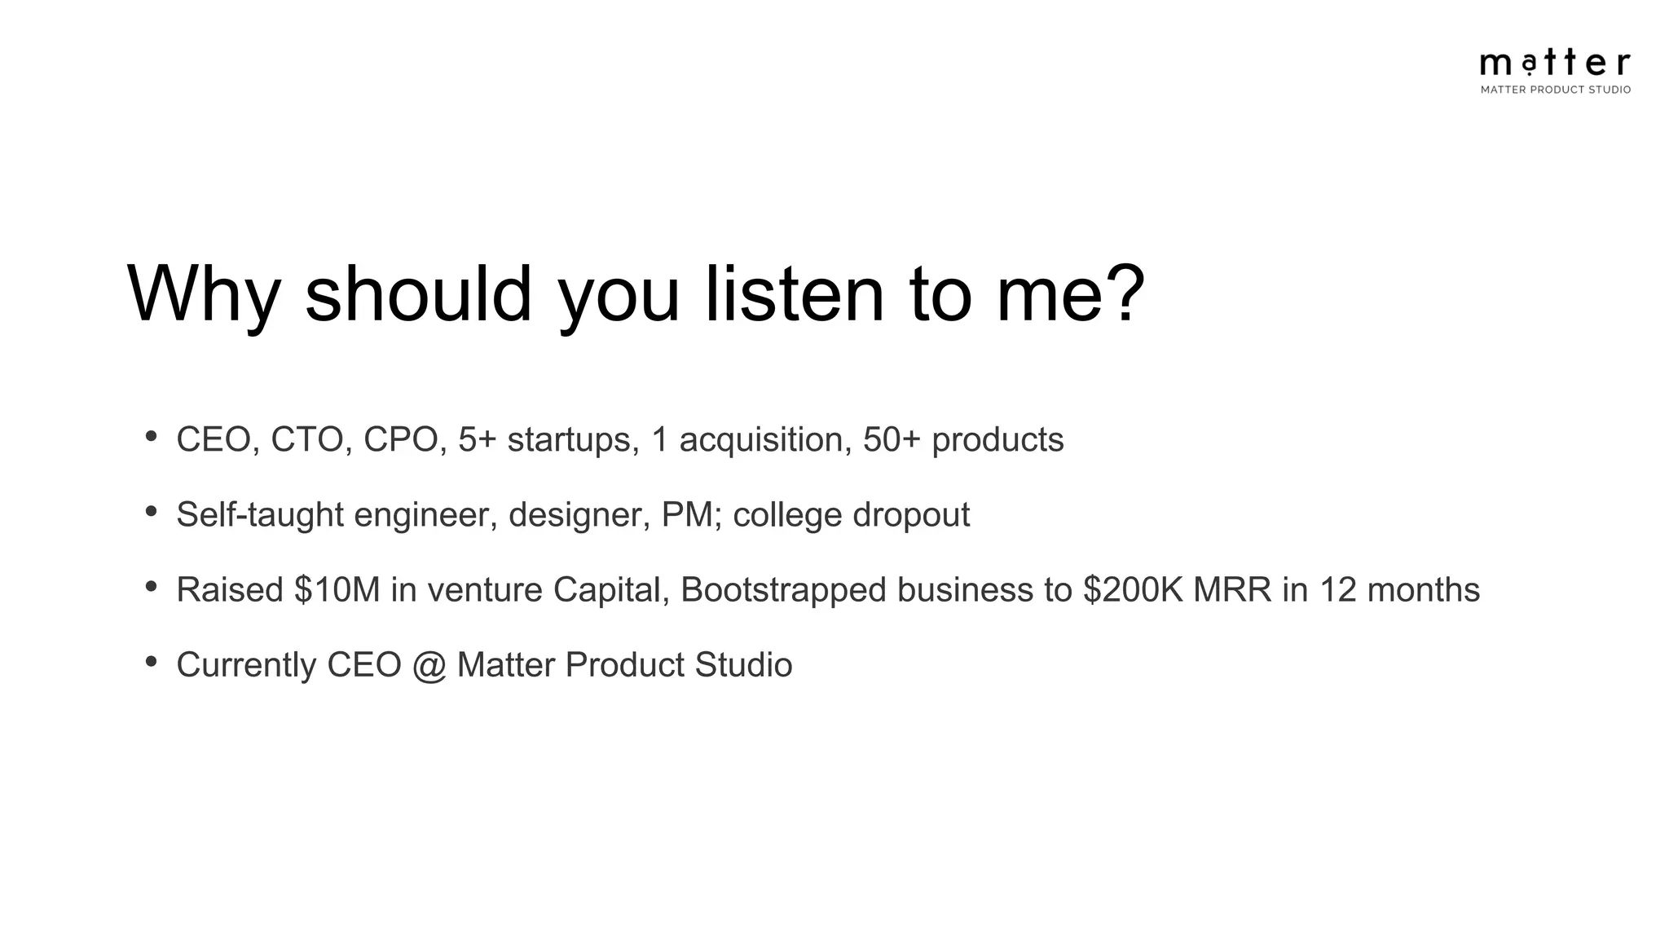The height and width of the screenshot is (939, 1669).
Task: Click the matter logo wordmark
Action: (x=1555, y=63)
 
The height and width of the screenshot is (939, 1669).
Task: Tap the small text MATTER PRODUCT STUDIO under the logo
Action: (x=1555, y=90)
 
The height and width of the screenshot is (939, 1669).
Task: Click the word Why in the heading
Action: (x=204, y=294)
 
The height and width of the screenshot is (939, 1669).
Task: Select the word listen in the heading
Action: (x=794, y=294)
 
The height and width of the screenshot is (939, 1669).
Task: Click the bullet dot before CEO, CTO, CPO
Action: (x=151, y=437)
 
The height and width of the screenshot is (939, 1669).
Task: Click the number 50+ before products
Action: (x=892, y=440)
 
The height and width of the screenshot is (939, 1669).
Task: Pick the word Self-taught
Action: (x=260, y=515)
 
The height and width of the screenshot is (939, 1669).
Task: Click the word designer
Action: (x=579, y=515)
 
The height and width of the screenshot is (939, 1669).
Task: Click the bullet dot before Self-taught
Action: (x=151, y=512)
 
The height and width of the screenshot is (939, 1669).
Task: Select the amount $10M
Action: (x=337, y=590)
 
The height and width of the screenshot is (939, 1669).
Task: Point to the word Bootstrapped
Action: (x=783, y=590)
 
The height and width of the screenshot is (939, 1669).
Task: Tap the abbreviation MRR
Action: (x=1232, y=590)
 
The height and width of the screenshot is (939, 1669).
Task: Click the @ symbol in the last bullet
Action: (x=429, y=666)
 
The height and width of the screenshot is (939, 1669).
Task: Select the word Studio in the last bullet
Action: (x=743, y=665)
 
